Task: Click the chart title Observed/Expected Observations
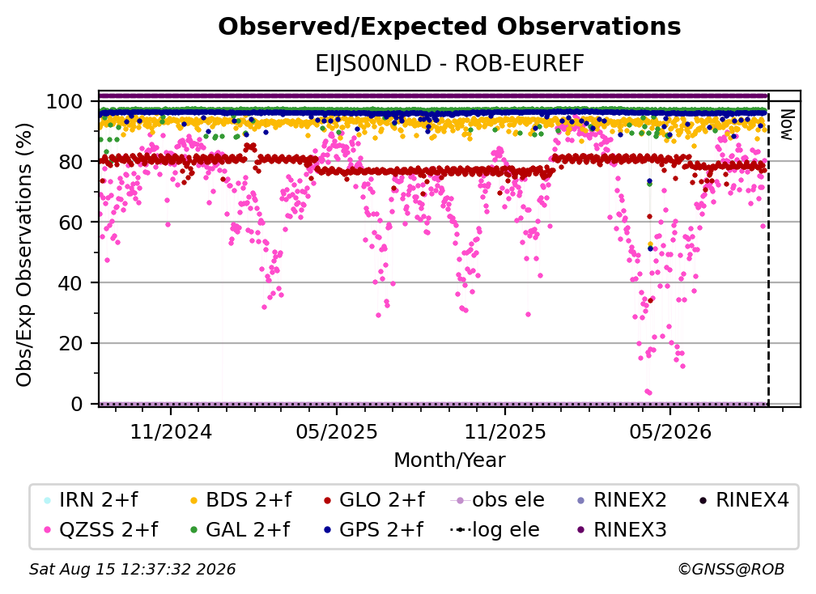point(449,27)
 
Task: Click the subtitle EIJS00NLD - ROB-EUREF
point(449,64)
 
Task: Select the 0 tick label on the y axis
point(77,404)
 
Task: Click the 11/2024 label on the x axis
point(171,431)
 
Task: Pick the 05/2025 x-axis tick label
point(337,431)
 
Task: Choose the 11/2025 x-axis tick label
point(505,431)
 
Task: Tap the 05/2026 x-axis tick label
point(670,431)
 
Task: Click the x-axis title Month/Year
point(449,460)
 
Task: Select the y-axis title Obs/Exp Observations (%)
point(24,255)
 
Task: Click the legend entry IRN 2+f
point(91,500)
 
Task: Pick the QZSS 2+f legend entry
point(101,530)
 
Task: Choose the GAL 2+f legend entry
point(240,530)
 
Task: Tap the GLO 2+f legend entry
point(374,500)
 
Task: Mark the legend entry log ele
point(495,530)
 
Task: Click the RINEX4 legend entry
point(744,500)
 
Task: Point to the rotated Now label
point(786,125)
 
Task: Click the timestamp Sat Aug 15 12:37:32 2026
point(132,570)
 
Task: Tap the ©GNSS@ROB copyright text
point(731,570)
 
